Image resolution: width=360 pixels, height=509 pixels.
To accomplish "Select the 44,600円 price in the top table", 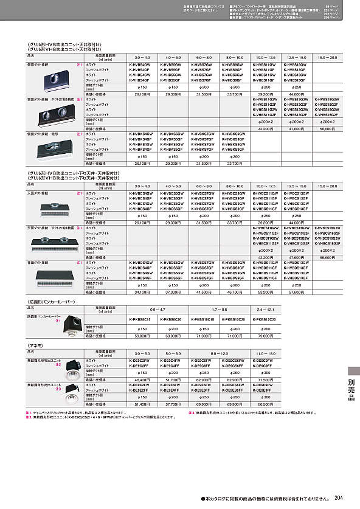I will pos(297,94).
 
